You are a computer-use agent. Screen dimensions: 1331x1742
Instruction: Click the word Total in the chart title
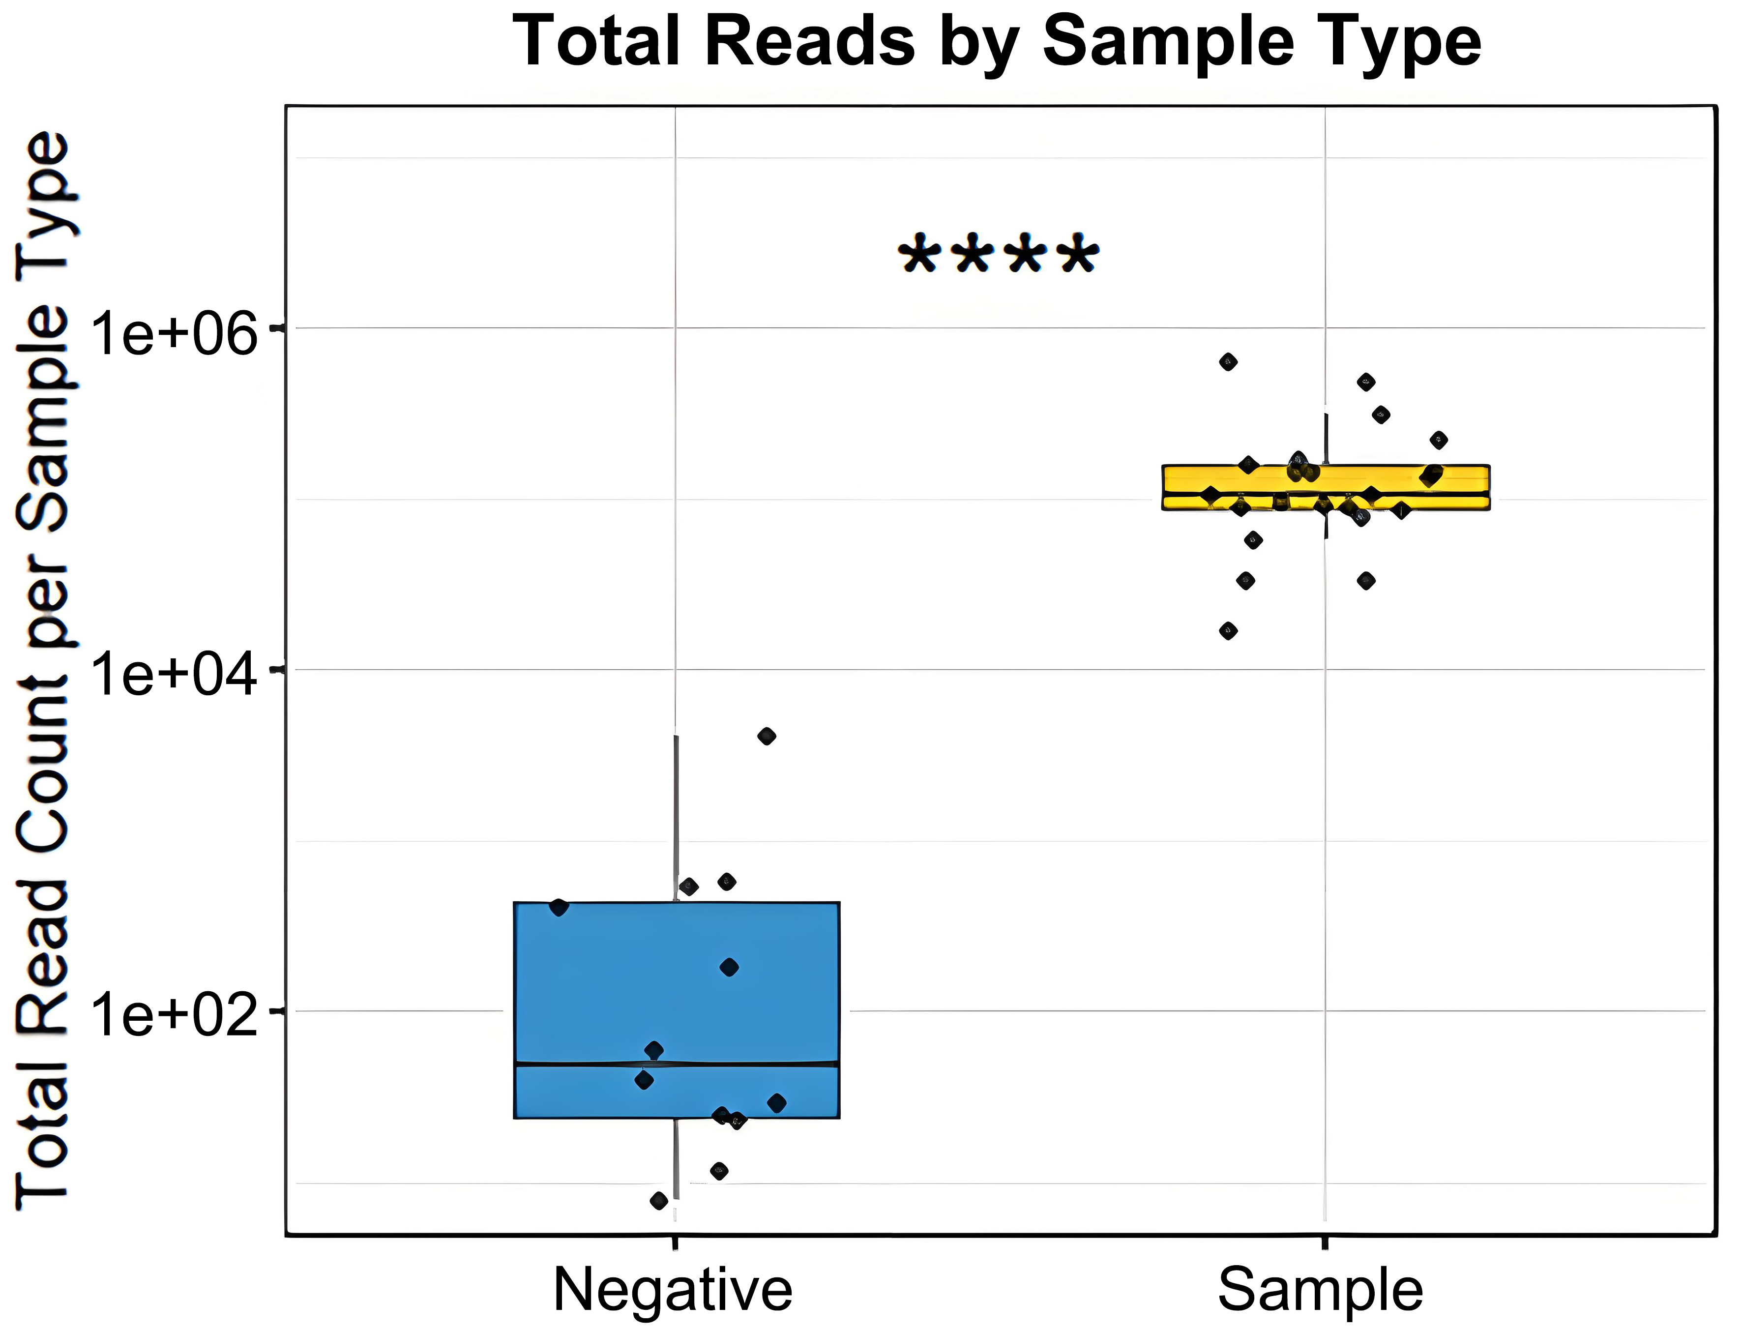tap(596, 41)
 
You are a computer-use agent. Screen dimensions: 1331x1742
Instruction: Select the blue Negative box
tap(602, 990)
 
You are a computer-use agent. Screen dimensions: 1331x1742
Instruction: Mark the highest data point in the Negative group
tap(766, 736)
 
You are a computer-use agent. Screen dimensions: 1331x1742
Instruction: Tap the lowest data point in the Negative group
tap(658, 1201)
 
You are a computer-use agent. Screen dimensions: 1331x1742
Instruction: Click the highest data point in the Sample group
tap(1228, 362)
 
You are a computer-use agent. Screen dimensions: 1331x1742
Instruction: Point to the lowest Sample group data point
tap(1228, 631)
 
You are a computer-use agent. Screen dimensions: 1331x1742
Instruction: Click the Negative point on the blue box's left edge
tap(559, 907)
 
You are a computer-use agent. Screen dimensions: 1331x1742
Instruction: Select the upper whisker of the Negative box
tap(676, 816)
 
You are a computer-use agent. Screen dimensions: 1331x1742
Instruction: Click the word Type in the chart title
tap(1402, 41)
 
